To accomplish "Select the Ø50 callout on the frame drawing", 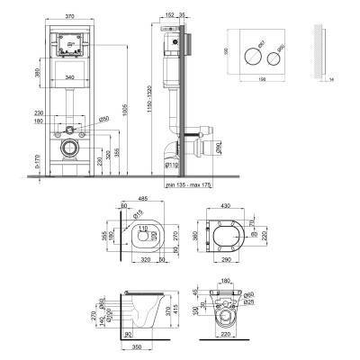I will [x=103, y=119].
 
